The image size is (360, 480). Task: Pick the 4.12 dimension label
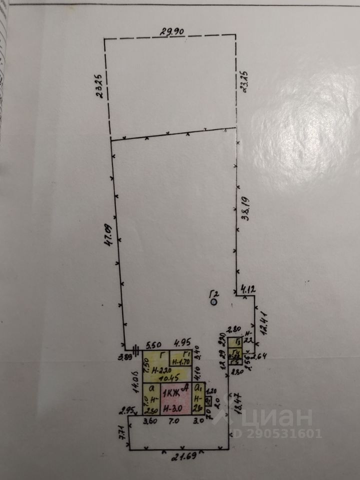[247, 288]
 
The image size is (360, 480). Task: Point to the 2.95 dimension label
[128, 411]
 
